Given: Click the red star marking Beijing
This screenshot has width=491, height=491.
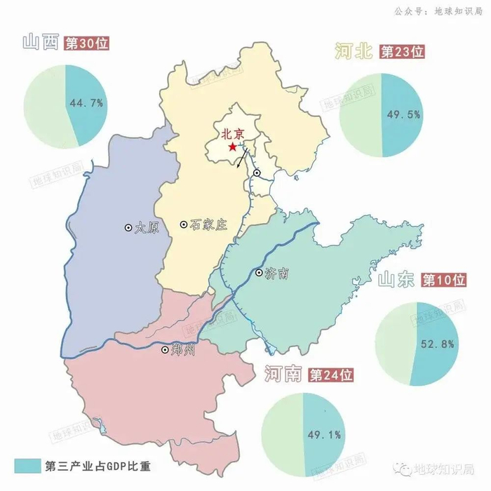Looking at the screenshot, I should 232,147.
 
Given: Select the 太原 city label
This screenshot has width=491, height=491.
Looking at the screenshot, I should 147,227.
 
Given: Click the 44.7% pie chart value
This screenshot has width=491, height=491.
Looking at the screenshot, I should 86,103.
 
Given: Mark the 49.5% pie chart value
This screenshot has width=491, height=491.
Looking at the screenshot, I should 402,114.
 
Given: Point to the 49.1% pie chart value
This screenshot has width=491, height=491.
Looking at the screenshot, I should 324,435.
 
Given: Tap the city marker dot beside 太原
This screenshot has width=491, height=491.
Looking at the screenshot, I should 128,227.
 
